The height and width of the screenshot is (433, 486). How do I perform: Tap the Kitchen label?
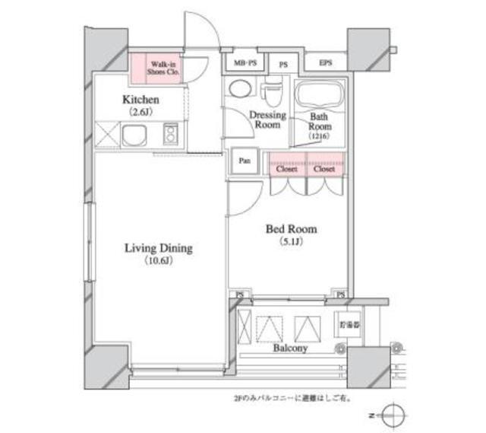[141, 100]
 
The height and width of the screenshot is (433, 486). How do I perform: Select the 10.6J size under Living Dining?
[159, 262]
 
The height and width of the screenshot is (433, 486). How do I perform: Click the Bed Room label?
[291, 228]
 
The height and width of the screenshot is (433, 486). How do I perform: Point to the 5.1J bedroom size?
[291, 243]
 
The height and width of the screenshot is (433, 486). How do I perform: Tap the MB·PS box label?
[243, 63]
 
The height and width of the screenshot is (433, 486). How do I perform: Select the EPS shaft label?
[325, 63]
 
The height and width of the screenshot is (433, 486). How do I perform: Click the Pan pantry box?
[245, 161]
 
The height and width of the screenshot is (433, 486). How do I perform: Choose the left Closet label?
[287, 170]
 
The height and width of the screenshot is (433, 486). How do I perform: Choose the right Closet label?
[325, 170]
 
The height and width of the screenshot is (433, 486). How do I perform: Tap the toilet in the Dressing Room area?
[272, 93]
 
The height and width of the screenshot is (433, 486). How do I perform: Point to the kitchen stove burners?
[169, 137]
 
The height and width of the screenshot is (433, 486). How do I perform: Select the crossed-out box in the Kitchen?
[107, 138]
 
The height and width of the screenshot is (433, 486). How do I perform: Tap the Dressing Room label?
[268, 120]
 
